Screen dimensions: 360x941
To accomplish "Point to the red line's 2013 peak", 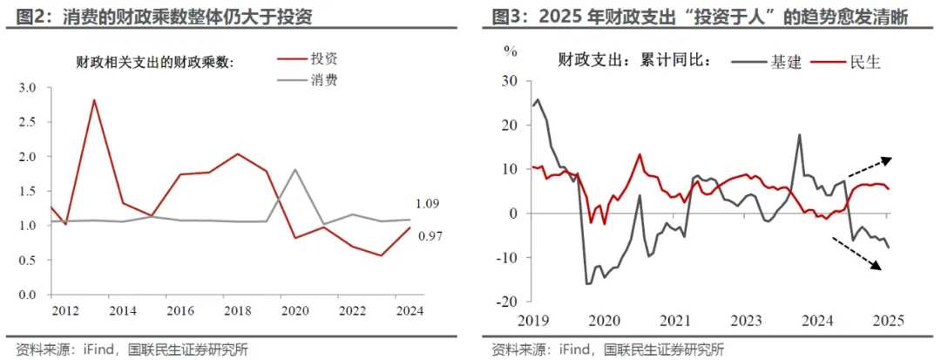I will point(94,99).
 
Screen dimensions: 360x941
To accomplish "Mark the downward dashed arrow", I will point(871,254).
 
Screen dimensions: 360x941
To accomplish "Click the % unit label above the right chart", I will point(511,51).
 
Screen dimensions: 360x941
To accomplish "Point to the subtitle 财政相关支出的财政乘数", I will point(155,62).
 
